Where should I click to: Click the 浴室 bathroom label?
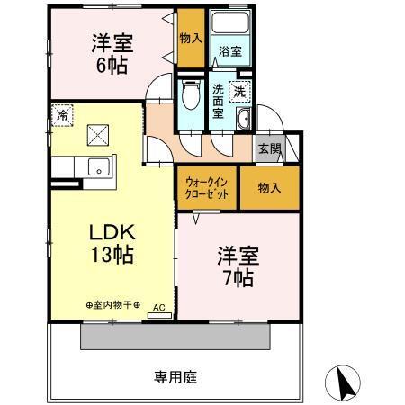click(229, 53)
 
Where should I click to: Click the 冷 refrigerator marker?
click(61, 115)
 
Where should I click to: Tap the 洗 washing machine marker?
click(240, 90)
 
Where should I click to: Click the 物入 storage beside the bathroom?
click(190, 38)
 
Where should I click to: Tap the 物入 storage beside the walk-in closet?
click(268, 188)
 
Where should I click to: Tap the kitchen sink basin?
click(99, 167)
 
